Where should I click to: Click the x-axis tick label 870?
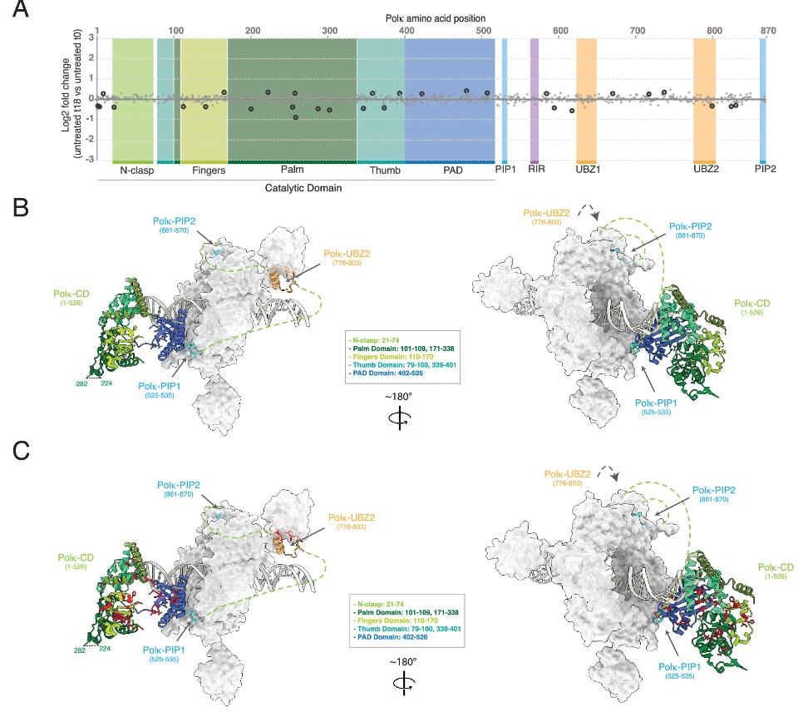[767, 31]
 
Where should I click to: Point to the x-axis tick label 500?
[483, 31]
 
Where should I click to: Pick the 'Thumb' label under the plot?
[384, 171]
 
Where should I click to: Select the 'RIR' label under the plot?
[536, 171]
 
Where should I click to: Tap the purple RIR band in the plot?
[535, 100]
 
